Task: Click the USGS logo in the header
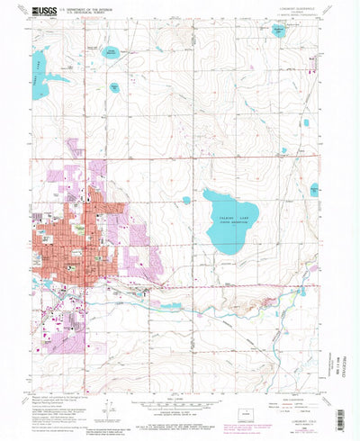[41, 13]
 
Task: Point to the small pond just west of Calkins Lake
[186, 200]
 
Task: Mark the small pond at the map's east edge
[314, 190]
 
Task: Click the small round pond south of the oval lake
[116, 86]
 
